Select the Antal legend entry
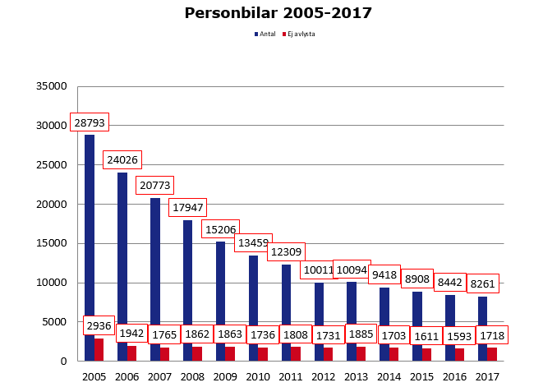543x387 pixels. coord(265,35)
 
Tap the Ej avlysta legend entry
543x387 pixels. coord(299,35)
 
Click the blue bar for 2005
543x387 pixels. coord(90,246)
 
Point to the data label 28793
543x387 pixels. coord(89,122)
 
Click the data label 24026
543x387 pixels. coord(122,160)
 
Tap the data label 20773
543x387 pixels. coord(154,186)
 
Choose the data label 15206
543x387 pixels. coord(220,230)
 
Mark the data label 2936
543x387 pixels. coord(99,326)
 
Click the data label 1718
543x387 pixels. coord(493,335)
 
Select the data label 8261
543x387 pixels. coord(483,284)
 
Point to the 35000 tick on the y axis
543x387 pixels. coord(51,86)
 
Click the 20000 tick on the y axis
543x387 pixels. coord(51,205)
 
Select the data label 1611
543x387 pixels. coord(427,335)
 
